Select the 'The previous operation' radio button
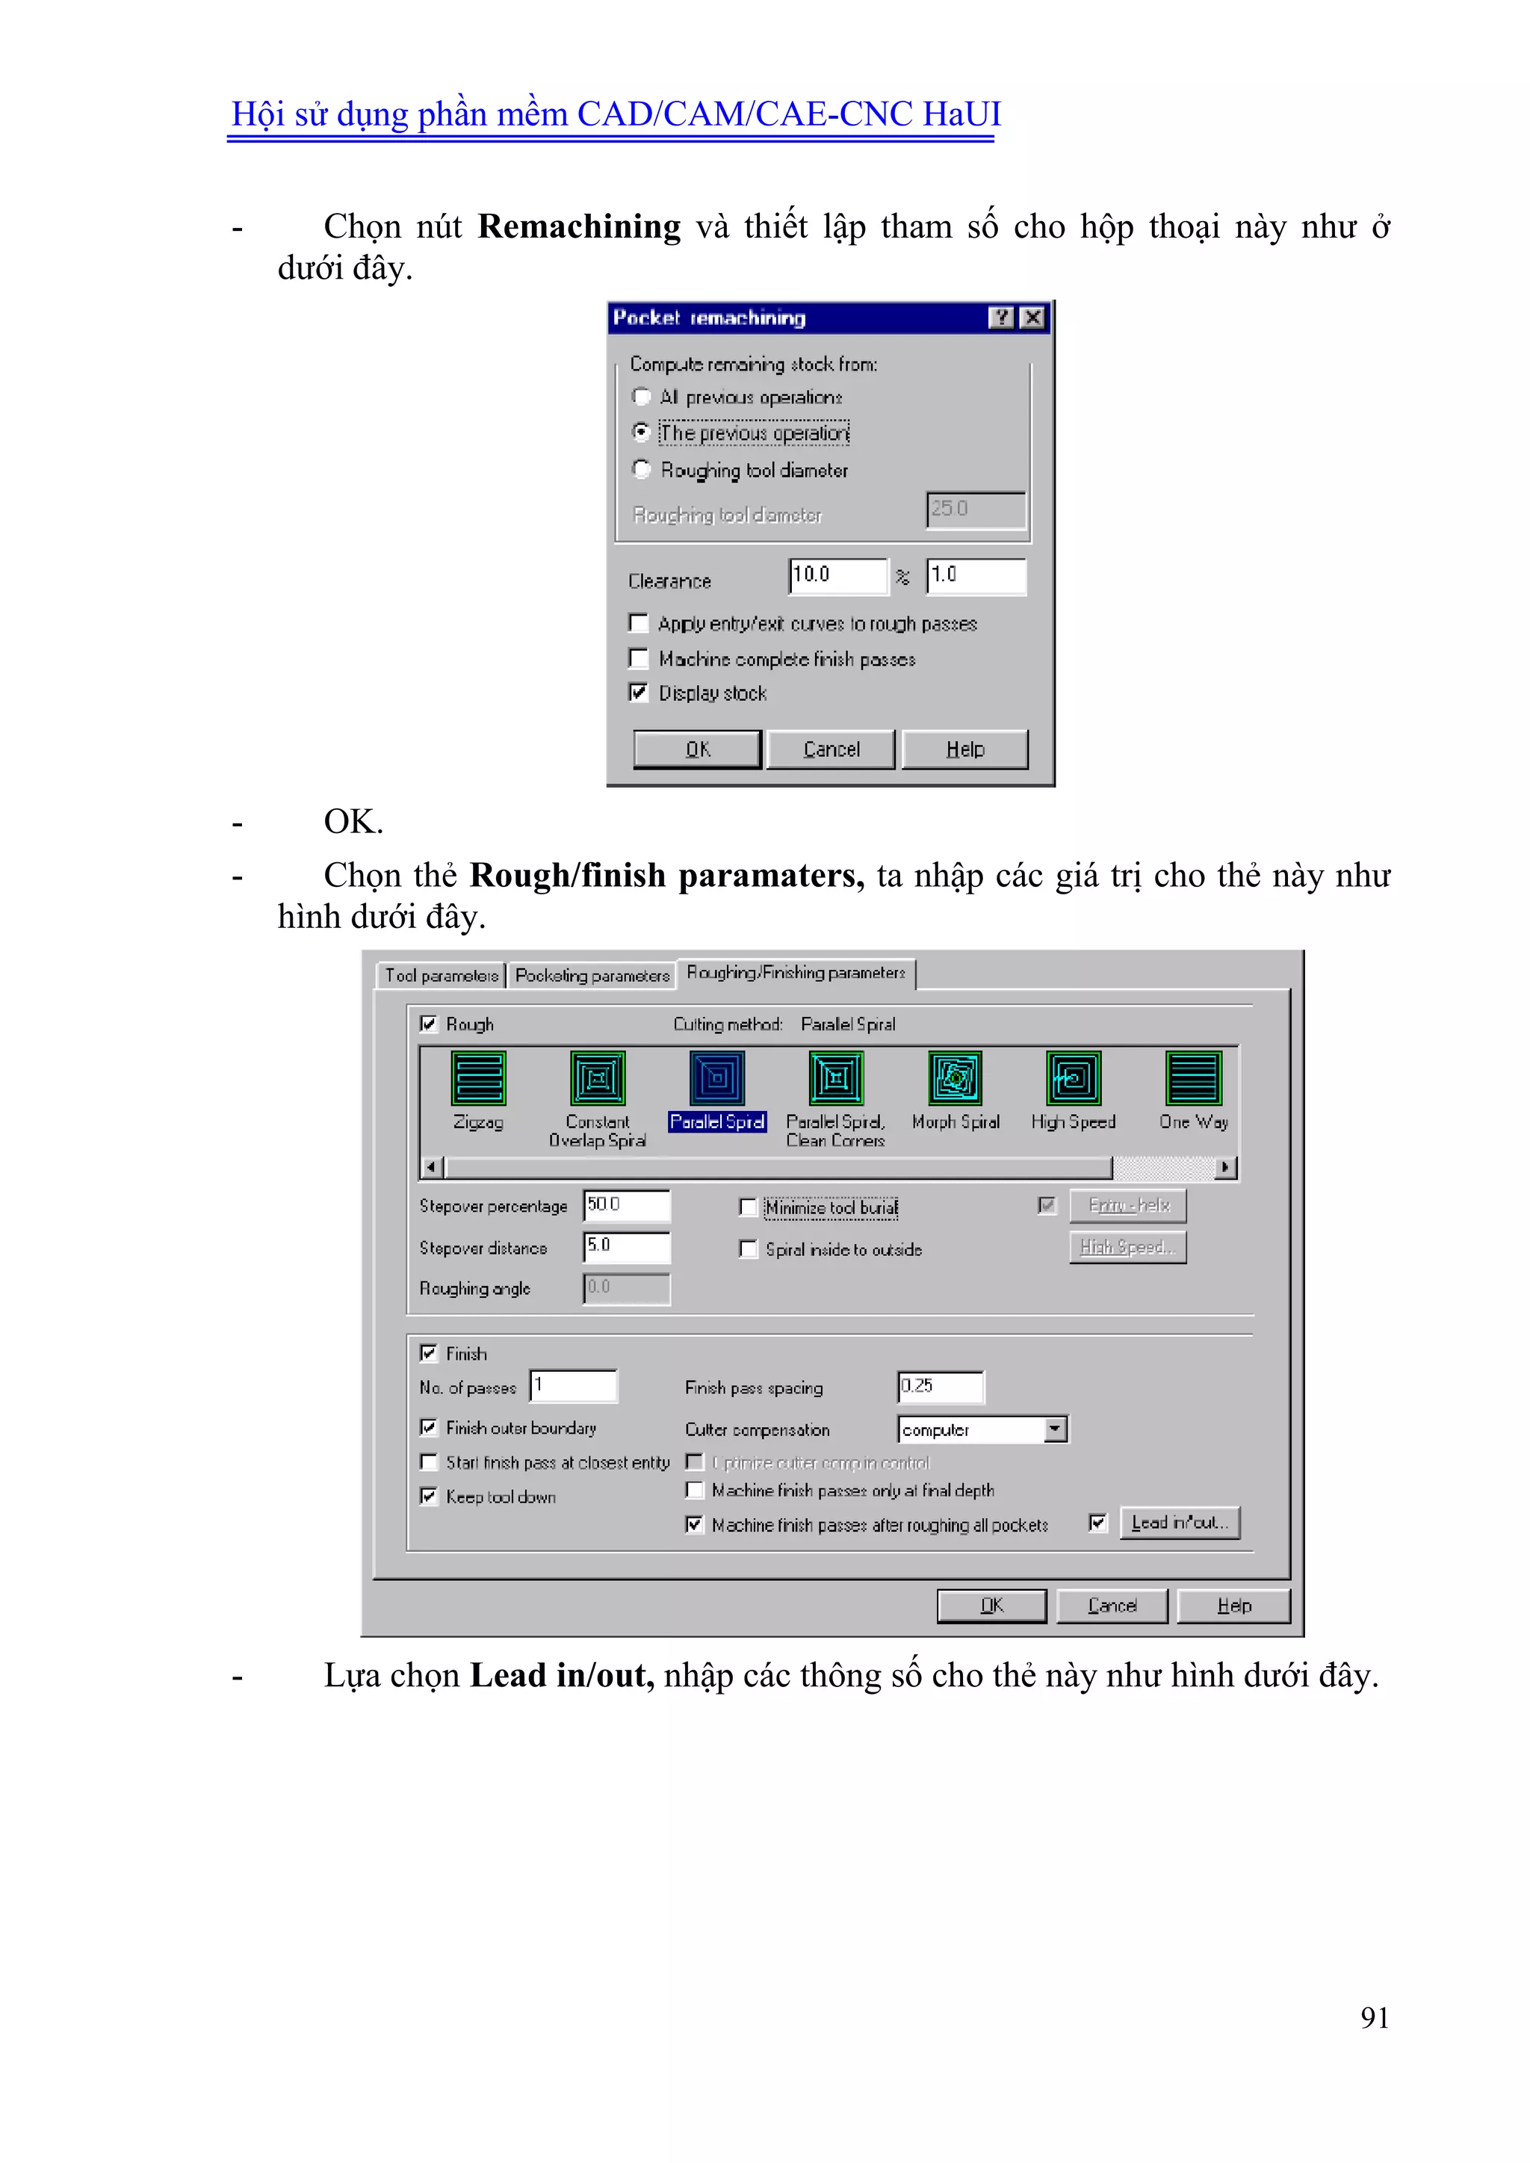click(642, 433)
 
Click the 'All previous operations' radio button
click(642, 397)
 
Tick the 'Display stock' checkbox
click(639, 693)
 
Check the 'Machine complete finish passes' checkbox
click(639, 657)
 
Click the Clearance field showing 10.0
click(837, 575)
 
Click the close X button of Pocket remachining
click(1033, 318)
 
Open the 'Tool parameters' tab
click(441, 975)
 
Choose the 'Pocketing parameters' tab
click(592, 975)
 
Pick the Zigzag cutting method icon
click(479, 1079)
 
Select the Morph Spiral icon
click(956, 1079)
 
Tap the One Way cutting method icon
click(1194, 1079)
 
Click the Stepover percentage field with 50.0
click(627, 1205)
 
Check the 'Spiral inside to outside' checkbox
click(748, 1249)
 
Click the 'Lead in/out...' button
click(1180, 1523)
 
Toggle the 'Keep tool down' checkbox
click(429, 1496)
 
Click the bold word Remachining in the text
click(578, 227)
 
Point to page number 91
click(1375, 2017)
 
